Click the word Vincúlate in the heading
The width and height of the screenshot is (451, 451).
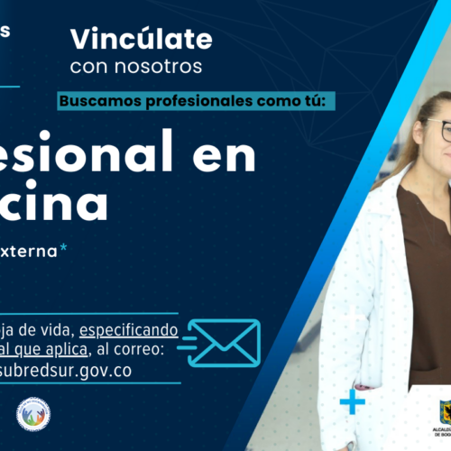click(142, 40)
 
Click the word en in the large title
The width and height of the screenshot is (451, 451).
click(225, 156)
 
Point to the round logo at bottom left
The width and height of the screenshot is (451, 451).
click(33, 413)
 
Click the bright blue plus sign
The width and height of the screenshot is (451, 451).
click(353, 401)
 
